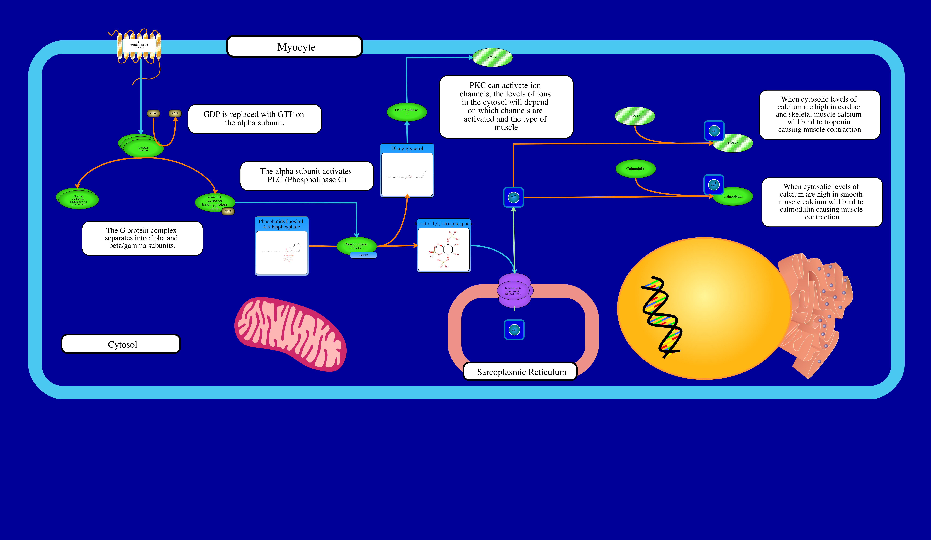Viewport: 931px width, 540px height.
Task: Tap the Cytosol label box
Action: click(x=121, y=344)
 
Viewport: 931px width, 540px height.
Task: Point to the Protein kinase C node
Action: click(x=406, y=112)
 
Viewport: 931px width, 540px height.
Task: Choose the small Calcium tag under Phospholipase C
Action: click(x=363, y=255)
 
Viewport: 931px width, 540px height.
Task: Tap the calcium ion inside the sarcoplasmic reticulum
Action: click(x=514, y=329)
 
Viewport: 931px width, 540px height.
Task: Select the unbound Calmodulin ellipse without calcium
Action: click(x=636, y=169)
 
